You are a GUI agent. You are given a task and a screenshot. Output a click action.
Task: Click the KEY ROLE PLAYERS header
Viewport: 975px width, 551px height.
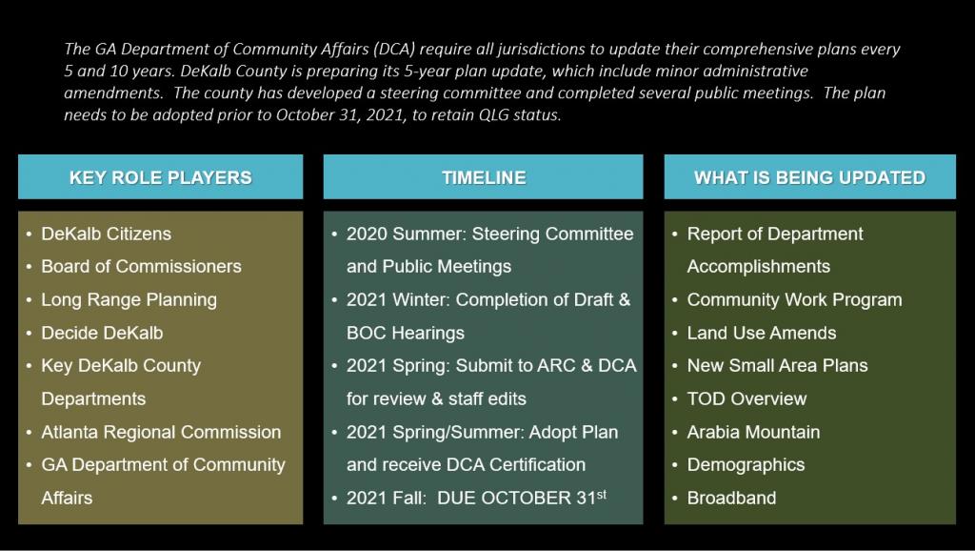[160, 177]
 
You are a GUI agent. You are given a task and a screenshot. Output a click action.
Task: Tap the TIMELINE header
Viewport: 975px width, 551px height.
[484, 177]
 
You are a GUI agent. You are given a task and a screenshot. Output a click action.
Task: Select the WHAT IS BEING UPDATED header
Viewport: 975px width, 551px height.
[809, 177]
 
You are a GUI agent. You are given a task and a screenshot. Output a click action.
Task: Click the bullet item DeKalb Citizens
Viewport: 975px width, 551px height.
[107, 235]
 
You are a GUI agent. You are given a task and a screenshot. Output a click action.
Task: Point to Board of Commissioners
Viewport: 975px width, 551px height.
[141, 267]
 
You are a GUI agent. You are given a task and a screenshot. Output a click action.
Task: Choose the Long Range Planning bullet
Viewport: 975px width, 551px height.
[129, 300]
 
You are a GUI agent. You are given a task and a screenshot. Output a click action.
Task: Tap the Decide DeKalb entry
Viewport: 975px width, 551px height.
[102, 333]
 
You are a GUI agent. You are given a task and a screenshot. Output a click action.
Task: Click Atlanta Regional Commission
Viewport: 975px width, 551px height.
[161, 432]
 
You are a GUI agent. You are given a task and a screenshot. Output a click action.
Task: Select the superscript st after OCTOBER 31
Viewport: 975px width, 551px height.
[602, 494]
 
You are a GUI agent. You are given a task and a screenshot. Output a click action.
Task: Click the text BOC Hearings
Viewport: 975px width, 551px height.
[406, 333]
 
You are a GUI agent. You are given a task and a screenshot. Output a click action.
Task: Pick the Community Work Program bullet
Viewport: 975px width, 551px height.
[794, 300]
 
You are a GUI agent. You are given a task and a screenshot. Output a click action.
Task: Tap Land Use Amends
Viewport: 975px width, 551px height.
[761, 333]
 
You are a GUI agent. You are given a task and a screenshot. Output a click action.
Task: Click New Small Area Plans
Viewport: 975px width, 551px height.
[777, 365]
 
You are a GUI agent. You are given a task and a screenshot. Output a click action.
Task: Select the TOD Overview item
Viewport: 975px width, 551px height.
[746, 399]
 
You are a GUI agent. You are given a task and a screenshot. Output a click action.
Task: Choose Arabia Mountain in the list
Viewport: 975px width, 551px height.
[753, 432]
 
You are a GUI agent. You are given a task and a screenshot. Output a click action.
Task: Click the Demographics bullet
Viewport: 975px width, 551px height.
[746, 465]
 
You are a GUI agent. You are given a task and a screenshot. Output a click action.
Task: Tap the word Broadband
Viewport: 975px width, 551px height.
[731, 498]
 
